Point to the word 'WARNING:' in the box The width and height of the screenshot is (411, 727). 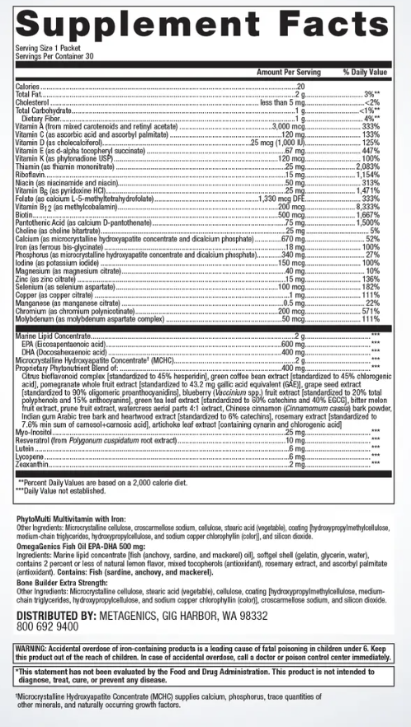33,649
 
